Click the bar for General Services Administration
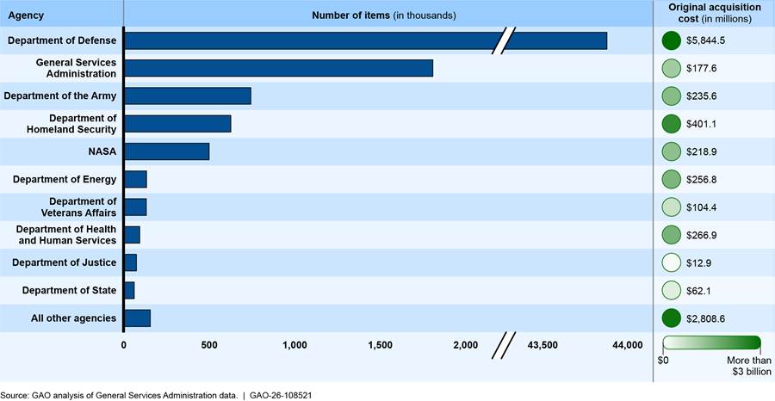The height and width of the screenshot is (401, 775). (279, 68)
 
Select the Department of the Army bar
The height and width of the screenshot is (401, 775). (188, 96)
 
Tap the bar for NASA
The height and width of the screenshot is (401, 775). (167, 151)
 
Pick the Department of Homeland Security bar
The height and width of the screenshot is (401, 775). (178, 123)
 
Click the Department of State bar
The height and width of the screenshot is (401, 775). (129, 290)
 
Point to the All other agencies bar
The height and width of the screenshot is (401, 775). (138, 318)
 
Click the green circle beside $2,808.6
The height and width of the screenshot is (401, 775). (671, 318)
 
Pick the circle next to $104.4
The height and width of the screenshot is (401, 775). (671, 207)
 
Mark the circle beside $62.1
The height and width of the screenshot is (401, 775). (671, 290)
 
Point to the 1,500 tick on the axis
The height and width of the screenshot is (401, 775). (381, 345)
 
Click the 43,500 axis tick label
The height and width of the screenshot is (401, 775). (542, 345)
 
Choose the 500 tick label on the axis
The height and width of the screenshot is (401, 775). (209, 345)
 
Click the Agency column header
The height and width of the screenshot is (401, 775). (26, 15)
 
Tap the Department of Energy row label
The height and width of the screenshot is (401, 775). (65, 179)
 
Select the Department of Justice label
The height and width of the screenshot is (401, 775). (65, 262)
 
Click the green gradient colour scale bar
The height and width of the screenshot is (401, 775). (712, 342)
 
